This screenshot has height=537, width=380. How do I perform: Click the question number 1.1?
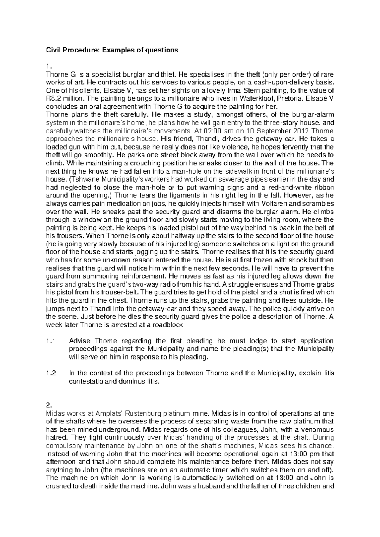[x=51, y=341]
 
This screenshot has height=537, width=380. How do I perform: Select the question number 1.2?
[x=51, y=373]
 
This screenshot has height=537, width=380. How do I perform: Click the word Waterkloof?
[x=259, y=98]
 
